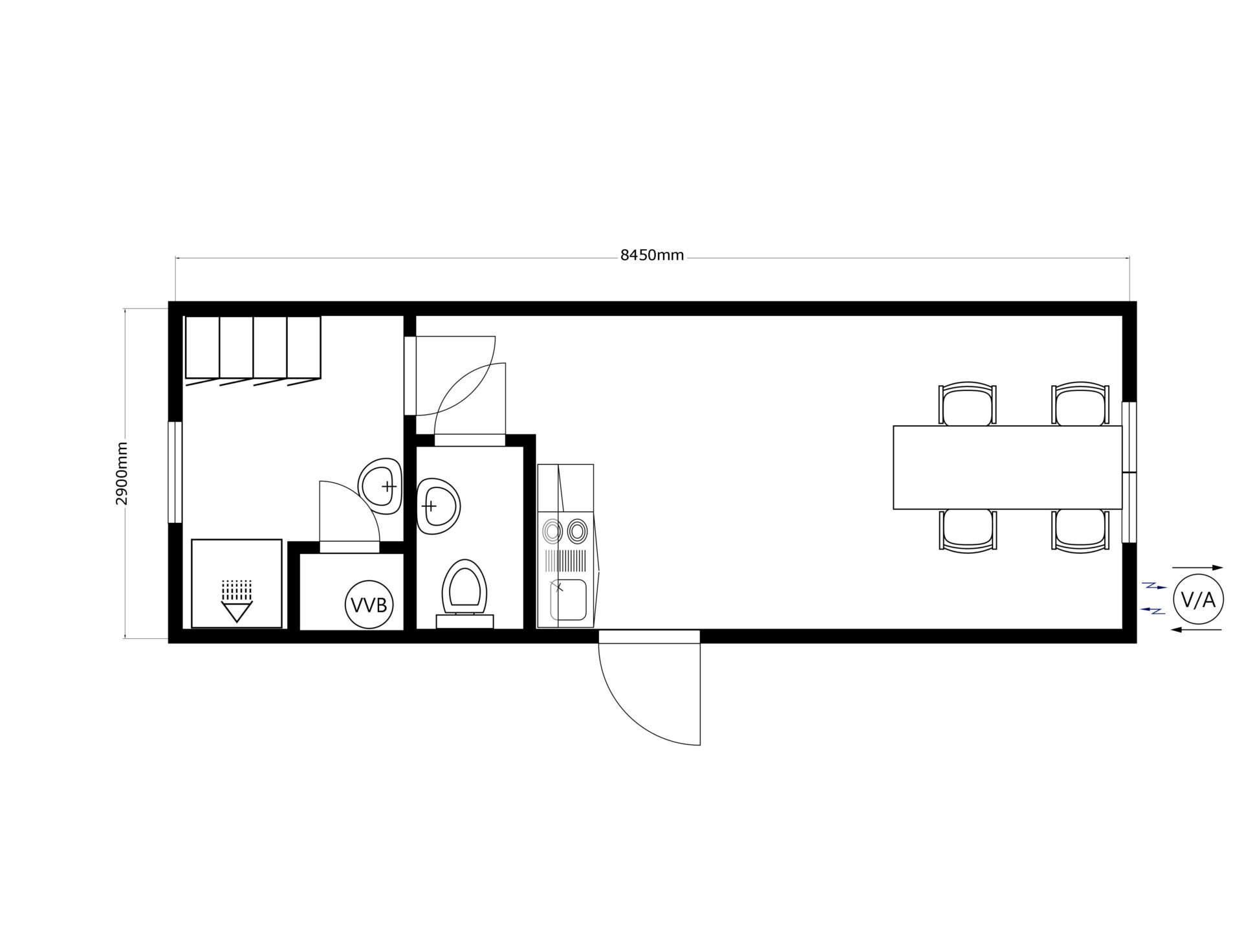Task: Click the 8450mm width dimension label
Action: (652, 255)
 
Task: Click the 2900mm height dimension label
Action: (122, 473)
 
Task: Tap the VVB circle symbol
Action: (369, 605)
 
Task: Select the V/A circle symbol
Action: (1198, 600)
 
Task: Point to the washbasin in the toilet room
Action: (438, 506)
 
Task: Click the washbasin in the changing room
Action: (380, 485)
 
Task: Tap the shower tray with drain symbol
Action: (237, 583)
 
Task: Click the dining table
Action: (1007, 467)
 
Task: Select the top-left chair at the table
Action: (967, 404)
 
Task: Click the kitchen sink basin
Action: (568, 600)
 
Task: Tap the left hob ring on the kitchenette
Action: (552, 533)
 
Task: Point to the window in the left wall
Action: (175, 472)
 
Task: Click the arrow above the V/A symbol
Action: (1197, 568)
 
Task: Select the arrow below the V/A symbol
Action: (1197, 630)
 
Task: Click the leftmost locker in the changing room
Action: (202, 348)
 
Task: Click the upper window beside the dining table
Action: (1129, 437)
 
